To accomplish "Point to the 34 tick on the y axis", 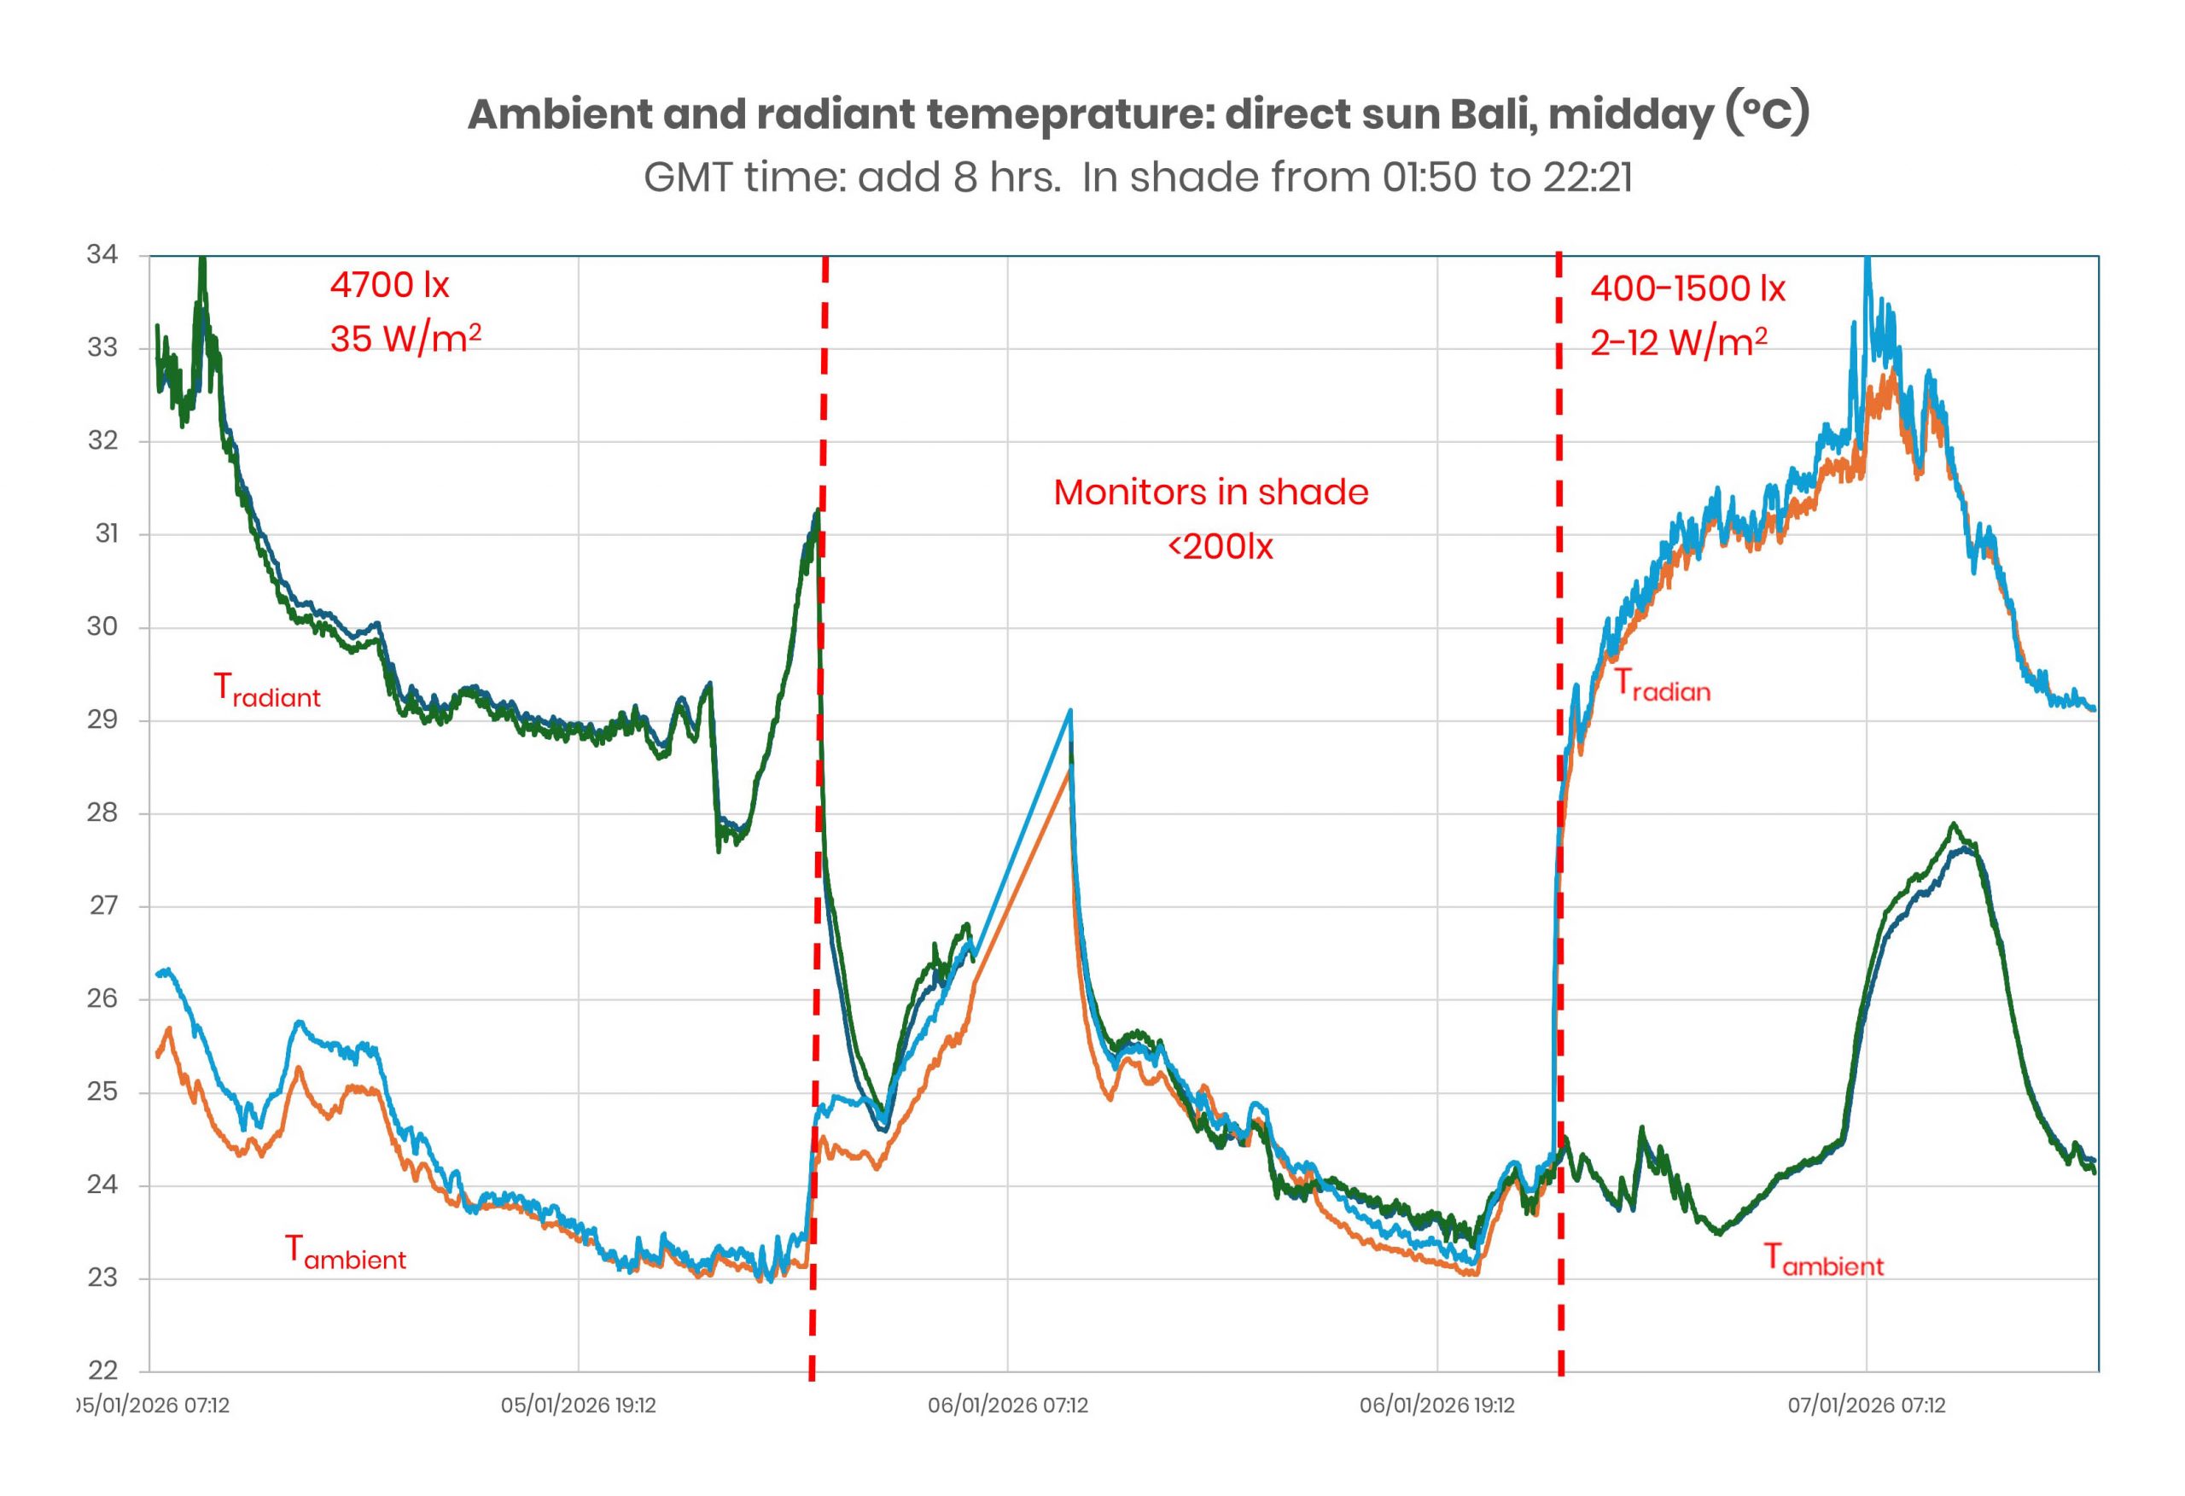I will (x=102, y=255).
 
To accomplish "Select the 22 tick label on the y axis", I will (x=102, y=1370).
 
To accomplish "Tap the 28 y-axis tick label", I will (x=102, y=812).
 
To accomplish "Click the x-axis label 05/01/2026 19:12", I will (x=578, y=1406).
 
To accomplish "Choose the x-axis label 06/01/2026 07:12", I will (x=1008, y=1406).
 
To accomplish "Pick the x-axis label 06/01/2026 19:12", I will (x=1437, y=1406).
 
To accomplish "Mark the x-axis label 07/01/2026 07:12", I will (x=1867, y=1406).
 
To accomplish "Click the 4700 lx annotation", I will (x=389, y=285).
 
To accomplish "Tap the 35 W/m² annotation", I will (x=405, y=339).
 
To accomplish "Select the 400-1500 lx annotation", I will (x=1687, y=288).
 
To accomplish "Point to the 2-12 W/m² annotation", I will (x=1678, y=342).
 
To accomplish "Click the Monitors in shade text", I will (x=1211, y=492).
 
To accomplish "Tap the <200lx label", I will (x=1221, y=546).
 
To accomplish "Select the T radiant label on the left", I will (x=267, y=691).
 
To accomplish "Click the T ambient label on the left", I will (x=345, y=1254).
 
